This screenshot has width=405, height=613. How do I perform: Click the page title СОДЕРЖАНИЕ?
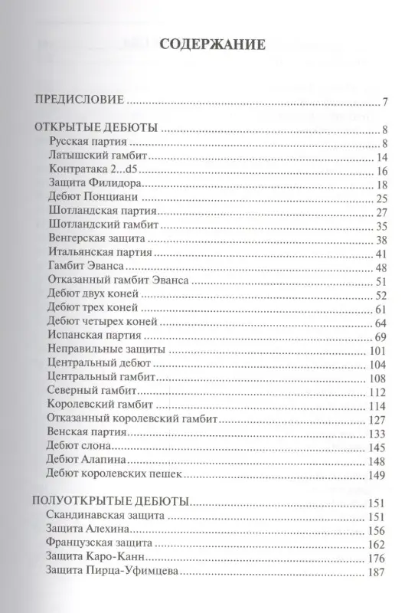(x=212, y=44)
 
